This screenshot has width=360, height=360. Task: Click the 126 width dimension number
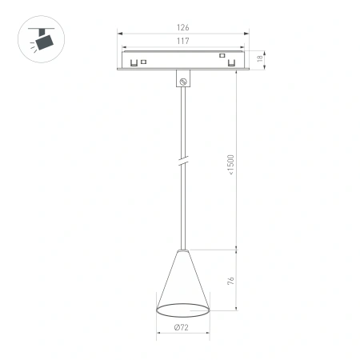[x=184, y=28]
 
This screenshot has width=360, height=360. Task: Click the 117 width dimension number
[x=184, y=41]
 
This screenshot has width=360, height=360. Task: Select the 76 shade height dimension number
[x=231, y=280]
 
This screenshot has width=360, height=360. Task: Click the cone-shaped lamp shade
[x=183, y=280]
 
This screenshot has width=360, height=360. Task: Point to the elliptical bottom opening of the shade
[x=183, y=310]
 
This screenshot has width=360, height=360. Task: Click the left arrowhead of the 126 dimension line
[x=120, y=34]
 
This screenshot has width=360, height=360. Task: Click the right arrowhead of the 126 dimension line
[x=247, y=34]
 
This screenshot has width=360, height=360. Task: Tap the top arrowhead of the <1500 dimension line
[x=238, y=71]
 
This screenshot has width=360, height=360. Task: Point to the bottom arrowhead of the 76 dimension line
[x=238, y=308]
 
